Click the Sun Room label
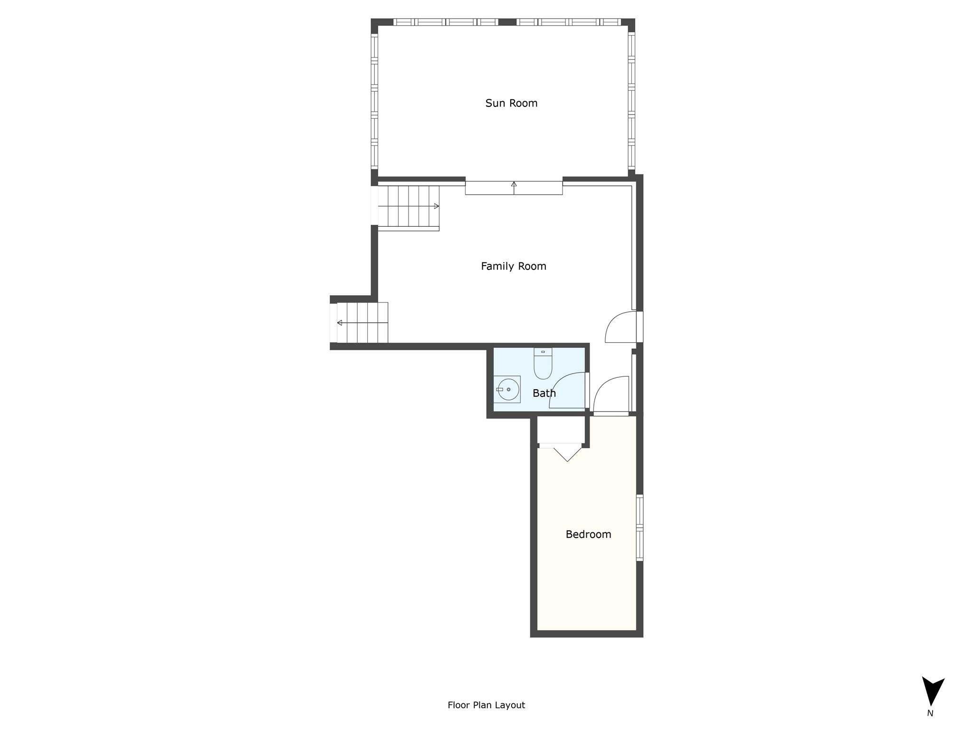(511, 103)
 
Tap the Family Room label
(514, 266)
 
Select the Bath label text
(544, 393)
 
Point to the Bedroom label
(588, 534)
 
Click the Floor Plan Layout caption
(486, 705)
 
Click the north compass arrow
(933, 691)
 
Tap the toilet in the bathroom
(543, 364)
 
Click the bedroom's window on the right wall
(639, 528)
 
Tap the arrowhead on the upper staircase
(437, 206)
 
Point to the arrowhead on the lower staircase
(340, 323)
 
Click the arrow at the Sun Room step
(514, 188)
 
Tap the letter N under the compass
(930, 713)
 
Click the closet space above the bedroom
(561, 430)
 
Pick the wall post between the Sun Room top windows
(507, 22)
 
